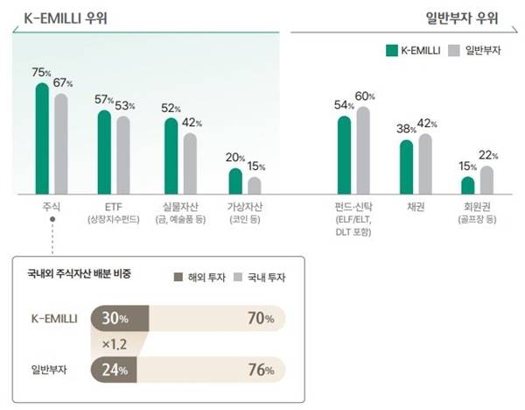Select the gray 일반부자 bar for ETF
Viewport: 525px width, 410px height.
click(x=123, y=154)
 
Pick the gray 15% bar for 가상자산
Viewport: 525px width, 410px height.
click(x=254, y=185)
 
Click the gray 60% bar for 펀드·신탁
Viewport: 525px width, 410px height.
click(x=363, y=150)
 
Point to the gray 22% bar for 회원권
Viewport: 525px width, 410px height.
click(x=486, y=180)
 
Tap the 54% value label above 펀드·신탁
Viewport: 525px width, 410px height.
click(x=345, y=106)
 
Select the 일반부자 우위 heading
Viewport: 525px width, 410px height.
click(x=468, y=17)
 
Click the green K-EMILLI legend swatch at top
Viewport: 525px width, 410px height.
click(x=391, y=51)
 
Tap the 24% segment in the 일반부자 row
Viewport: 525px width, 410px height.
click(x=114, y=370)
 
